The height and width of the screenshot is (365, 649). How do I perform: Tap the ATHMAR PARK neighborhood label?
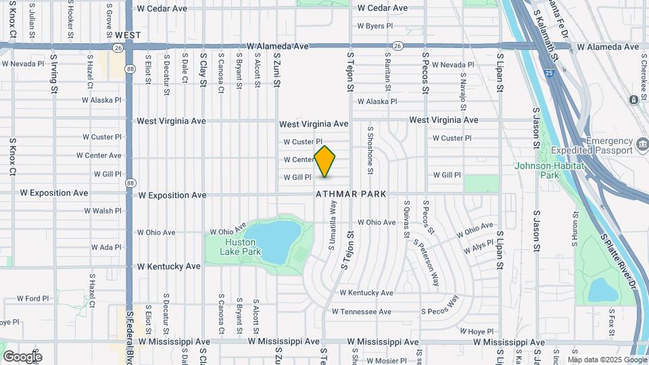point(351,194)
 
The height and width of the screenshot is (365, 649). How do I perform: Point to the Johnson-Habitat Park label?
point(539,170)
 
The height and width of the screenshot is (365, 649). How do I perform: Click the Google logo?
point(22,356)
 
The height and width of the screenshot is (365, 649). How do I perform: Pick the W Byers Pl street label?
point(370,26)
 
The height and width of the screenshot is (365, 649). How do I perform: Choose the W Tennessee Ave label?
point(361,312)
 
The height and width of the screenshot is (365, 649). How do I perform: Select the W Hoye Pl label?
point(477,332)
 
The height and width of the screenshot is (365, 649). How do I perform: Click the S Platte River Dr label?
point(619,260)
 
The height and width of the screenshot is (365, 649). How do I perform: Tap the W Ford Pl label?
point(33,298)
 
